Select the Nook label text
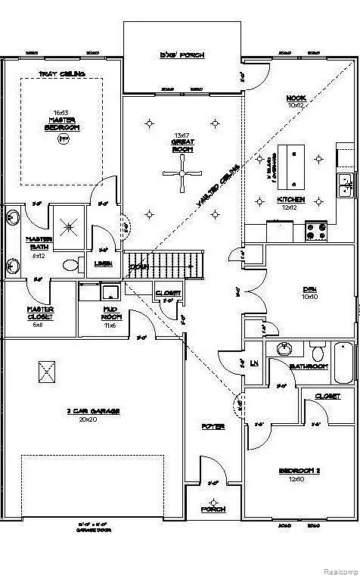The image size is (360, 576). (x=295, y=101)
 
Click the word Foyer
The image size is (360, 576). (x=213, y=426)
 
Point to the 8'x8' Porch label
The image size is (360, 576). (x=182, y=55)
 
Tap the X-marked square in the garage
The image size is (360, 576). (x=47, y=372)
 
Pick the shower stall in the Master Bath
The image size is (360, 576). (x=72, y=225)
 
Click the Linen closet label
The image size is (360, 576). (x=104, y=263)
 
